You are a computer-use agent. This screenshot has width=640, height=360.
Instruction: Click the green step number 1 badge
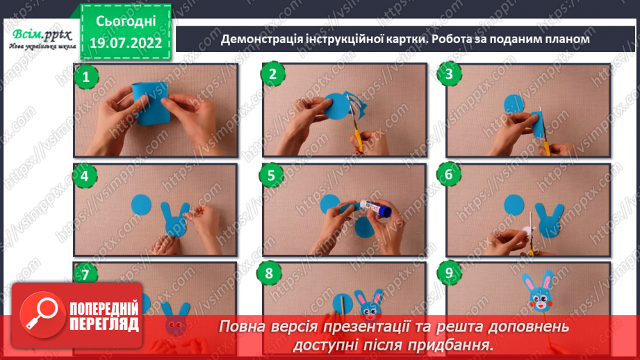(x=85, y=77)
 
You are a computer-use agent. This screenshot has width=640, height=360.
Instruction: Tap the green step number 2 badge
(x=272, y=74)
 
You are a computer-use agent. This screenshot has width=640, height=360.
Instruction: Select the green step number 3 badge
(x=450, y=74)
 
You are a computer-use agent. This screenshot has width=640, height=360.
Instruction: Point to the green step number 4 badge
(x=85, y=176)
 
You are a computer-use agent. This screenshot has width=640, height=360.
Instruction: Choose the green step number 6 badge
(x=450, y=174)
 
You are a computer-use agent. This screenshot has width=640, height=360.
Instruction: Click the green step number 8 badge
(x=270, y=273)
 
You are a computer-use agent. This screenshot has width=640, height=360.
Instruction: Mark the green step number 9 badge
(x=450, y=273)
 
